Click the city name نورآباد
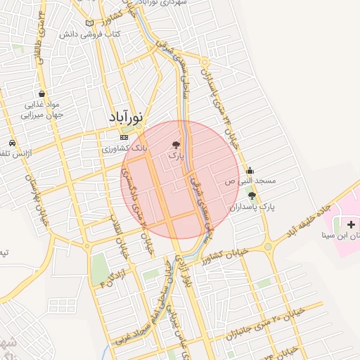[x=127, y=117]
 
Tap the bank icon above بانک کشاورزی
[x=124, y=137]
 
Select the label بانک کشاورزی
[x=126, y=148]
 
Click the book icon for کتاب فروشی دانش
[x=89, y=23]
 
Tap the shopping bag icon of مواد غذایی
[x=43, y=93]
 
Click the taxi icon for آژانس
[x=13, y=141]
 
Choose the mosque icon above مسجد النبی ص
[x=250, y=170]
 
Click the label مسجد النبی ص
[x=250, y=181]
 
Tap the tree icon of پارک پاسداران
[x=252, y=195]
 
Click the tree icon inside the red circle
[x=175, y=144]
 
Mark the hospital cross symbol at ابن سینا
[x=351, y=224]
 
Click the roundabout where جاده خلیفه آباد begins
[x=268, y=246]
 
